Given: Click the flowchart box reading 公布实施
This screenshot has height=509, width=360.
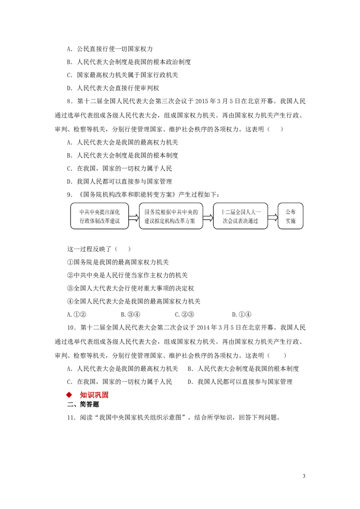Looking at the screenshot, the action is click(290, 216).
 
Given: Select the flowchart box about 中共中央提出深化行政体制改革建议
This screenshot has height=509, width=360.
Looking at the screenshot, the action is click(99, 216).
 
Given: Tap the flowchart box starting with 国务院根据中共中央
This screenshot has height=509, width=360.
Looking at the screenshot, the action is click(171, 216).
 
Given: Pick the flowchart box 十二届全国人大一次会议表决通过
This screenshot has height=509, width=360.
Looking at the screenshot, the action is click(240, 216).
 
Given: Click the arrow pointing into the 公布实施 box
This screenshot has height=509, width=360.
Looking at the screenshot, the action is click(273, 217).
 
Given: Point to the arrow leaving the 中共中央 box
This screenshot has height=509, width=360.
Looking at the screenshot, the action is click(134, 217).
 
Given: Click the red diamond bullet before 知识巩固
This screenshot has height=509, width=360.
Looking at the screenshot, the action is click(69, 395).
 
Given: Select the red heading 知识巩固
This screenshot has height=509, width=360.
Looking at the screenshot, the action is click(94, 395).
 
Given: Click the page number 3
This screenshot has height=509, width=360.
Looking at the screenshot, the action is click(304, 476).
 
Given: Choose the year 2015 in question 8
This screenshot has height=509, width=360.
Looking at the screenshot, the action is click(202, 101).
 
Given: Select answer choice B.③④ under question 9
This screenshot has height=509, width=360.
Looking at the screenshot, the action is click(130, 314).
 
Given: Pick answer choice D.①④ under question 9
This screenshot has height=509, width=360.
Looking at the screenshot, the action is click(241, 314).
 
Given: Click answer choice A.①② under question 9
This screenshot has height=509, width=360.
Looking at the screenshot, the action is click(76, 314).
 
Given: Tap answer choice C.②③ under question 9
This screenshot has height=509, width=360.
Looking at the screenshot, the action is click(184, 314).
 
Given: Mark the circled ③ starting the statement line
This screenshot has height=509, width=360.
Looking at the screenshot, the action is click(70, 288).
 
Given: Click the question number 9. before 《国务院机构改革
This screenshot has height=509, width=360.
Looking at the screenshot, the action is click(70, 195).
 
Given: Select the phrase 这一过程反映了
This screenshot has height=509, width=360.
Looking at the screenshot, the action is click(89, 249).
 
